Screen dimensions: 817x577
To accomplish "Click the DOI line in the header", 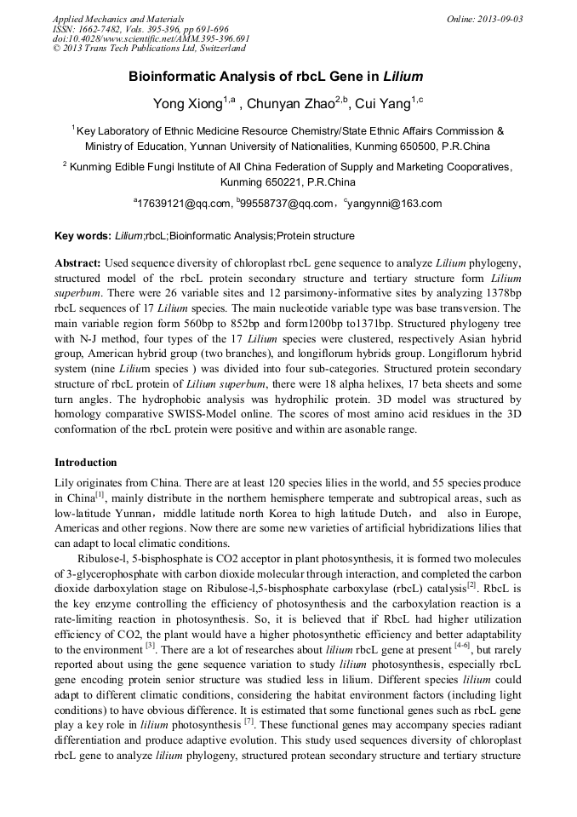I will pyautogui.click(x=151, y=38).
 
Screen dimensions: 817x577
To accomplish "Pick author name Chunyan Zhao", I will pyautogui.click(x=289, y=104).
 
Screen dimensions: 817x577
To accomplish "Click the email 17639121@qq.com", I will pyautogui.click(x=185, y=204).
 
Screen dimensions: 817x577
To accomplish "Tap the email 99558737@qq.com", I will pyautogui.click(x=288, y=204).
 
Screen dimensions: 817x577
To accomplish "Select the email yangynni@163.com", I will pyautogui.click(x=396, y=204).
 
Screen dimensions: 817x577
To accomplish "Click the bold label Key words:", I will pyautogui.click(x=83, y=236).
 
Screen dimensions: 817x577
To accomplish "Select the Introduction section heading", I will pyautogui.click(x=86, y=463).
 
